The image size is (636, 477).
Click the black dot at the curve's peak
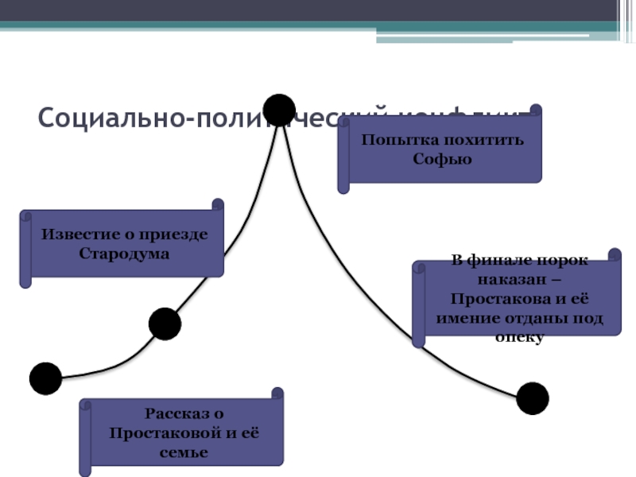279,110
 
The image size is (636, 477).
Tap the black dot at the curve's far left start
45,378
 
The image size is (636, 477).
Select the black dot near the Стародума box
165,324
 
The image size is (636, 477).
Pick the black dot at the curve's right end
532,397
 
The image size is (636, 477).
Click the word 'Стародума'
124,254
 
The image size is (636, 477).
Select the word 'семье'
184,452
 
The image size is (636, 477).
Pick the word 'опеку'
518,337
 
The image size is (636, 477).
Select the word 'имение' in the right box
463,318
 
